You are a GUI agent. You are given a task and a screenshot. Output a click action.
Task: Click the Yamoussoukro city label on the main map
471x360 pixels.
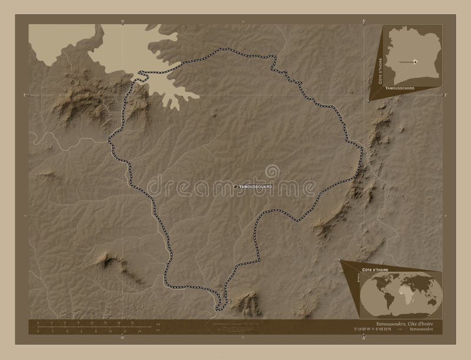pos(258,186)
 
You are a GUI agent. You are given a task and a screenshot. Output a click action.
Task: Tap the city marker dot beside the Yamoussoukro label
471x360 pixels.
pos(235,186)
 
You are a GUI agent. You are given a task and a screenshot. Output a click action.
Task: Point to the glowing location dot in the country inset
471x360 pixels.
pos(415,61)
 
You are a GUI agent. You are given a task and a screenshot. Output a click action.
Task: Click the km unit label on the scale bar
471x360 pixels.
pos(158,324)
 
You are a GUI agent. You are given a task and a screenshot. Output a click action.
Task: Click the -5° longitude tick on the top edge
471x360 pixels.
pos(363,21)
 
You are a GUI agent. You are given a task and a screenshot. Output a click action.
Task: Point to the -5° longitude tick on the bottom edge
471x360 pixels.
pos(363,338)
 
